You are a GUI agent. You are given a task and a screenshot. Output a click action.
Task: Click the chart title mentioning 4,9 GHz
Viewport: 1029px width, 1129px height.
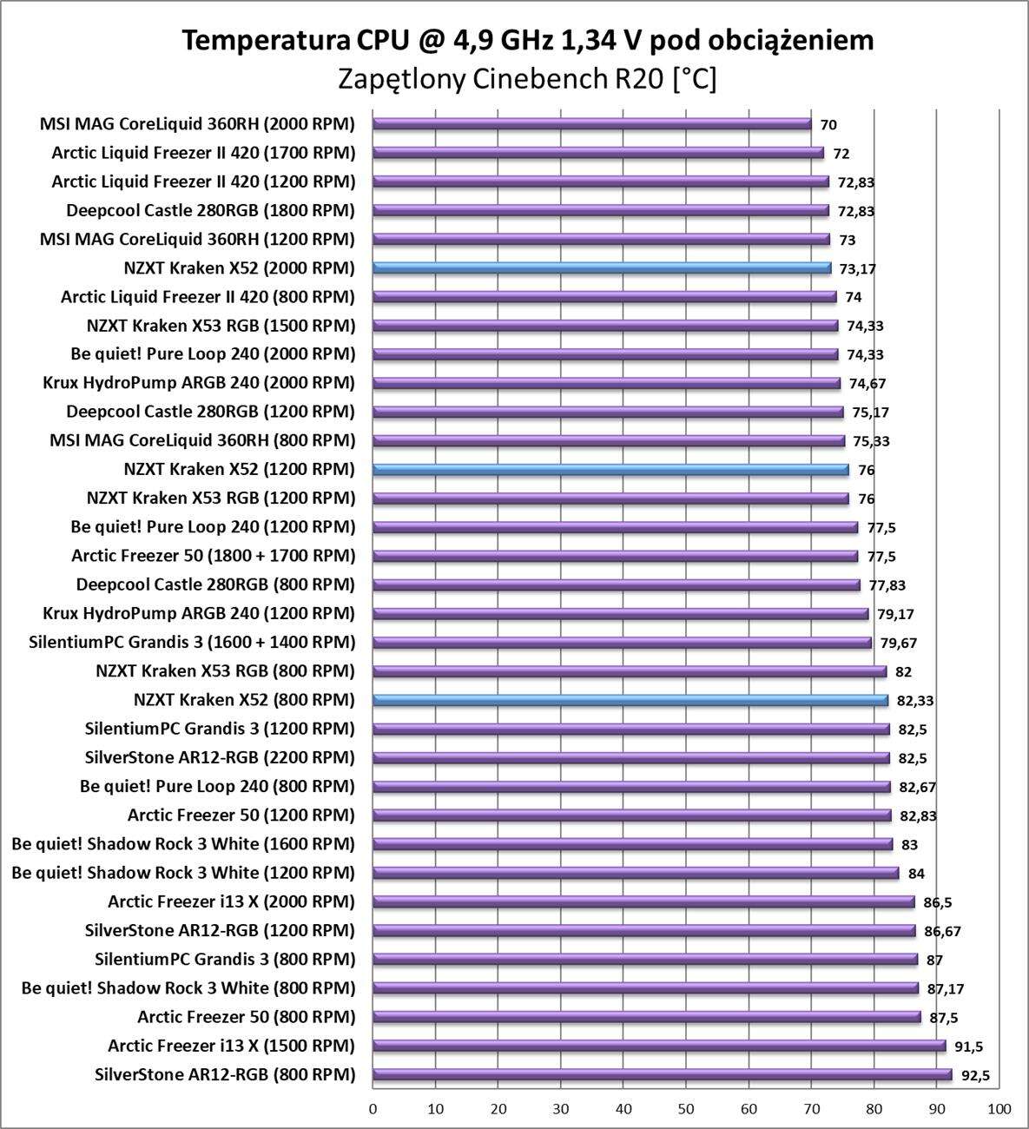(x=527, y=40)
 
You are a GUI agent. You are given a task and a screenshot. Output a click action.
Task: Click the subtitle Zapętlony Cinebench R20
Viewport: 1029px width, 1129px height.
(x=527, y=80)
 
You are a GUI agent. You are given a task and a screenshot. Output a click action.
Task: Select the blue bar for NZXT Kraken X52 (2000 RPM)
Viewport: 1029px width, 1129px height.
(x=601, y=268)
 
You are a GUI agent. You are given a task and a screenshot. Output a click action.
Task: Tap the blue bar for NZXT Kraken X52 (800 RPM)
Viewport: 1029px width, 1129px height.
(x=630, y=700)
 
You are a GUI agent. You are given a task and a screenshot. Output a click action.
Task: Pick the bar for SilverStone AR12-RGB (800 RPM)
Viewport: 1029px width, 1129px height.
(x=662, y=1075)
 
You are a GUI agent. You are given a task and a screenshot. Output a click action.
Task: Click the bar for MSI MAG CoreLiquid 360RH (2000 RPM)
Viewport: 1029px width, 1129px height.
(x=591, y=124)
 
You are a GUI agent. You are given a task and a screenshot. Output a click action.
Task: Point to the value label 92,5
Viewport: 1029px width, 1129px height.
(x=975, y=1076)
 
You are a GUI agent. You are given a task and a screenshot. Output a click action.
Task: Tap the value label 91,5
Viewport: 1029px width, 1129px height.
(x=969, y=1047)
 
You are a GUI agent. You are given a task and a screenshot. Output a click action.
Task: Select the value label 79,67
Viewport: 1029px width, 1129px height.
(x=898, y=644)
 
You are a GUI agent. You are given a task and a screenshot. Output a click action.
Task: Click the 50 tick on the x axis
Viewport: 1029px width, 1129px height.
(x=686, y=1109)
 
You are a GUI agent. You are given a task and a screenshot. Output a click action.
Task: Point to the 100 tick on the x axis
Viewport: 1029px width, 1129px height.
(x=999, y=1109)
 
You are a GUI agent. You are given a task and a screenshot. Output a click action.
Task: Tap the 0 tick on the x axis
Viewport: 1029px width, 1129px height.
(x=373, y=1109)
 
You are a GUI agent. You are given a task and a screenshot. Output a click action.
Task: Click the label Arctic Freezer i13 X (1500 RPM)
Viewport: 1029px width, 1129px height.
(x=232, y=1046)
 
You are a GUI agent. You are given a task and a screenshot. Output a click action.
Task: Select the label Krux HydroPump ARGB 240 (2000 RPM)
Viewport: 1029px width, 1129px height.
(x=199, y=383)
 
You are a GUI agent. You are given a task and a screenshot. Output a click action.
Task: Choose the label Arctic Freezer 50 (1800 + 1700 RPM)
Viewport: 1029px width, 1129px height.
(x=214, y=556)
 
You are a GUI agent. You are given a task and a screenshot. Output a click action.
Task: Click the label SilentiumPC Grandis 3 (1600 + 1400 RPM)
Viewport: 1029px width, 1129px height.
(x=192, y=643)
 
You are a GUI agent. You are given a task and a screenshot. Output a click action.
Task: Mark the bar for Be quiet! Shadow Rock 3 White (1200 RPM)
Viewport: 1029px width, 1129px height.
(x=635, y=873)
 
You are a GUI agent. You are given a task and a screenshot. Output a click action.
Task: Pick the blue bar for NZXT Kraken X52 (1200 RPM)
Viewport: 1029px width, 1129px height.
(x=610, y=470)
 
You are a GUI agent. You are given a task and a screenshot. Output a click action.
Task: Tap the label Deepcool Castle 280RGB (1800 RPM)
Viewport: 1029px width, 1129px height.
(x=211, y=210)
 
